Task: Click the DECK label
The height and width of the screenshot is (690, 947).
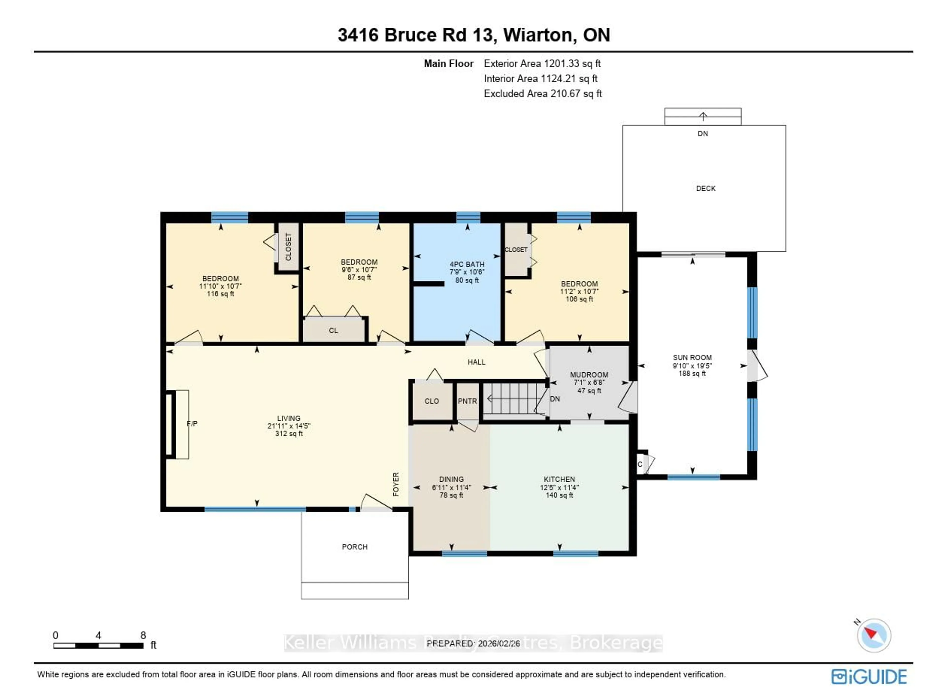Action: [706, 188]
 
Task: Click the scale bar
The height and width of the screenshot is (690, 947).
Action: [99, 645]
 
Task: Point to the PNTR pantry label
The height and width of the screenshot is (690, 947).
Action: [467, 401]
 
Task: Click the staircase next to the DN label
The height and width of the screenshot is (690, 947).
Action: [514, 399]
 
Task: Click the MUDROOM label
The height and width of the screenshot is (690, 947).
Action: [589, 375]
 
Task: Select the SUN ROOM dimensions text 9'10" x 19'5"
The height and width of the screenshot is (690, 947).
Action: [692, 365]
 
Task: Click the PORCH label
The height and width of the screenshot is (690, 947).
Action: [355, 547]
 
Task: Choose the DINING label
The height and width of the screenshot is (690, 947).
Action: [451, 479]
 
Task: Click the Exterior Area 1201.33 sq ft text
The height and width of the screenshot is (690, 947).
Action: [542, 63]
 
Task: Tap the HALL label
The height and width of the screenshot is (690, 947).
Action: [476, 362]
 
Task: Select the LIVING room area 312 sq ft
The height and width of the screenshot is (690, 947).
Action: [289, 434]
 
